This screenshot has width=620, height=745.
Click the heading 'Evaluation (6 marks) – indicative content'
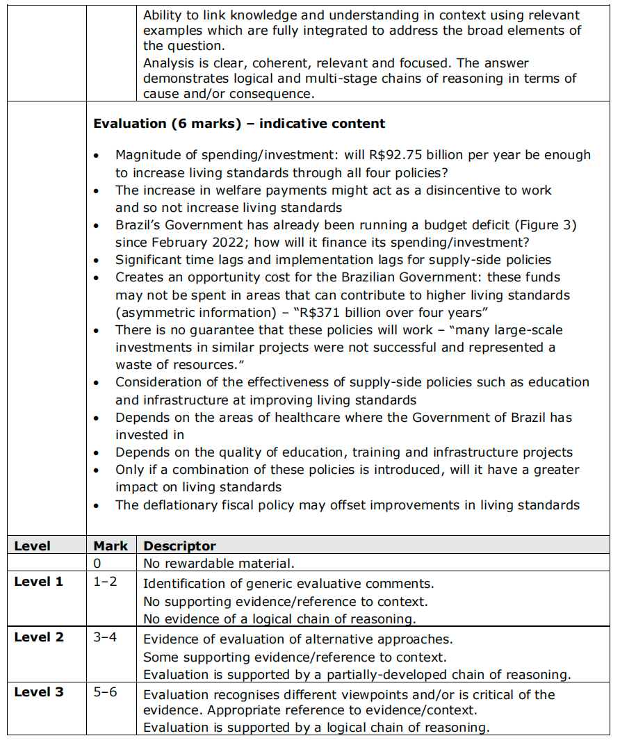coord(239,124)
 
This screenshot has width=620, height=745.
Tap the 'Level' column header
coord(32,546)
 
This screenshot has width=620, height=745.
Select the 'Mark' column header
coord(111,546)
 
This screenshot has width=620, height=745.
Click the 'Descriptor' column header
coord(179,546)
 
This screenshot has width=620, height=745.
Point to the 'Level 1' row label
coord(38,581)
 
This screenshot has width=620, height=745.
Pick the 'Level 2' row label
coord(38,637)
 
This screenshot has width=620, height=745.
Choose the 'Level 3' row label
coord(38,692)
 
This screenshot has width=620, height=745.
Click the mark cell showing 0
coord(97,563)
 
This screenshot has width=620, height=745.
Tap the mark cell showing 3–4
coord(106,637)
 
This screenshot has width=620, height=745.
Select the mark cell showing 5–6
coord(106,692)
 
